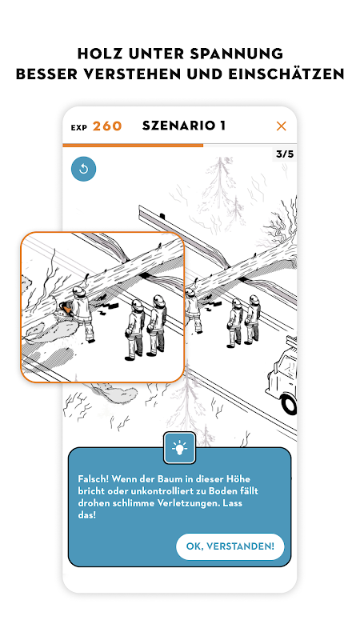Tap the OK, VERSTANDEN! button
(230, 546)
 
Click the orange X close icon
(282, 126)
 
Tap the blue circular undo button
(84, 169)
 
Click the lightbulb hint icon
(179, 448)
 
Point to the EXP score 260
(107, 126)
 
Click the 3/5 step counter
(285, 154)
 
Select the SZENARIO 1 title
(184, 126)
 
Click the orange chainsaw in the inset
(66, 309)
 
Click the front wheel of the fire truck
(290, 404)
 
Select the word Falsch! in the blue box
(93, 478)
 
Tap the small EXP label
(79, 128)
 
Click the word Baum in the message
(158, 478)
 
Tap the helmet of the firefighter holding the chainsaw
(78, 290)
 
